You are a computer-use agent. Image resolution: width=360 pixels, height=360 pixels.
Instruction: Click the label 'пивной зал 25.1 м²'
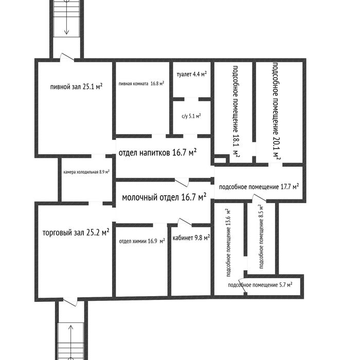pos(76,87)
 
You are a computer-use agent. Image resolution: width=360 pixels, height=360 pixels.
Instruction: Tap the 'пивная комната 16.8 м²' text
pos(141,83)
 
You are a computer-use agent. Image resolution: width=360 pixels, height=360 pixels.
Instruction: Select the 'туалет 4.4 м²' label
pos(191,74)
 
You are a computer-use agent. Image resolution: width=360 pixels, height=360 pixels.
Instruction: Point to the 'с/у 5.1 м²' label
pos(191,116)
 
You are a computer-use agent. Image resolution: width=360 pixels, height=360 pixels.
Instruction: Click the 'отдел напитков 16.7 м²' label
pos(158,153)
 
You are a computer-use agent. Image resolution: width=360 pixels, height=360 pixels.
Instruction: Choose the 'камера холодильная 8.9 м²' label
pos(86,172)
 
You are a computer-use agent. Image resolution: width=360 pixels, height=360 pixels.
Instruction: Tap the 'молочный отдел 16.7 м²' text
pos(163,197)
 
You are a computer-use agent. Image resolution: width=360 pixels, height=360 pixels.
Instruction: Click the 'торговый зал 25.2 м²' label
pos(76,232)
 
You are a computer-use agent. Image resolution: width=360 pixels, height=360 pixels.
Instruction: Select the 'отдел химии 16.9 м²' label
pos(141,241)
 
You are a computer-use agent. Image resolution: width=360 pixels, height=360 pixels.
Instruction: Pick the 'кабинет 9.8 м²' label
pos(191,238)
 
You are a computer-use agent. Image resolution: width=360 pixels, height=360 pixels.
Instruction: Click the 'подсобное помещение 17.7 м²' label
pos(259,187)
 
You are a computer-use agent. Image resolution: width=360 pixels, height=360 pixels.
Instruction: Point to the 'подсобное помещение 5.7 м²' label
pos(260,284)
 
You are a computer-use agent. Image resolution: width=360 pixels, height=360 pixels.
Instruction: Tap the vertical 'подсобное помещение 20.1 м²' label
pos(275,110)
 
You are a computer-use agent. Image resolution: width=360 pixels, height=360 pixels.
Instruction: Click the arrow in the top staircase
pos(67,21)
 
